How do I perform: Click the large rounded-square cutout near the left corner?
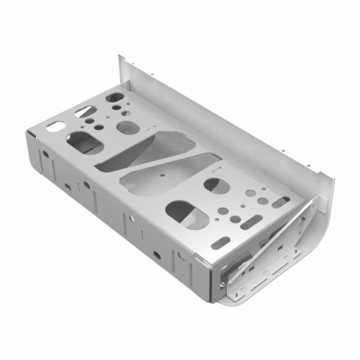pyautogui.click(x=85, y=142)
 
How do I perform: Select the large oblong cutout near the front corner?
pyautogui.click(x=186, y=214)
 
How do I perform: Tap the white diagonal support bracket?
pyautogui.click(x=281, y=236)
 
